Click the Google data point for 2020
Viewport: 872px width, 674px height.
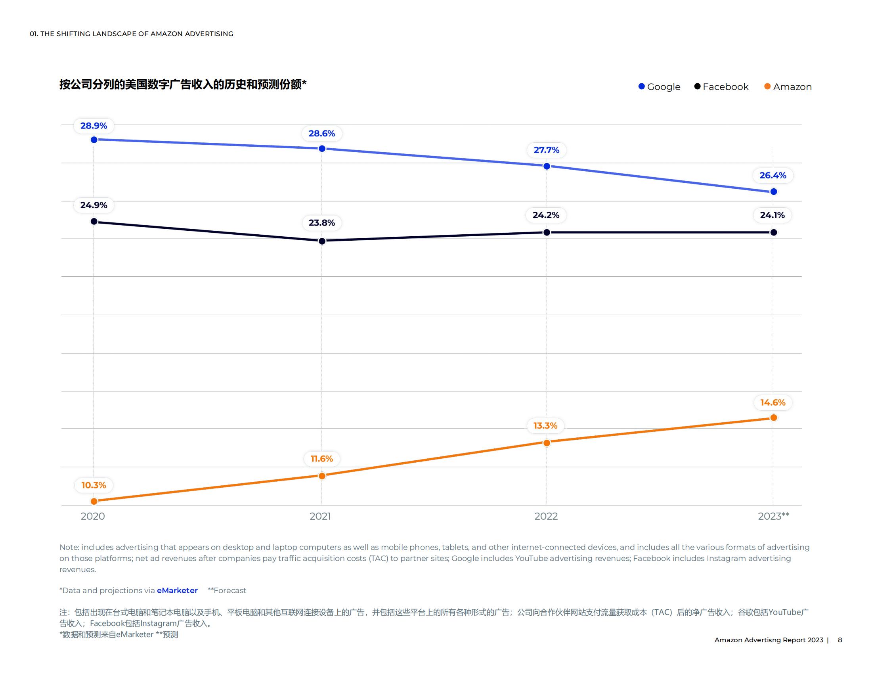tap(94, 140)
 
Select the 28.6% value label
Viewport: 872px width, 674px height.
tap(321, 133)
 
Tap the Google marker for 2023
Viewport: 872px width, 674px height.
tap(773, 191)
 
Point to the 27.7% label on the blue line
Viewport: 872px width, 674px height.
tap(546, 150)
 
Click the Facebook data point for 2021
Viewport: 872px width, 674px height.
tap(322, 241)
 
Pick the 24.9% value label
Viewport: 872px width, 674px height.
tap(94, 205)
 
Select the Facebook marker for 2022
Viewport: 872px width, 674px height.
tap(547, 232)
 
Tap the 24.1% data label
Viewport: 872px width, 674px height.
tap(772, 215)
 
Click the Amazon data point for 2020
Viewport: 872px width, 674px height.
tap(94, 501)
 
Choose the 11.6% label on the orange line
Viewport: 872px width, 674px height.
tap(321, 459)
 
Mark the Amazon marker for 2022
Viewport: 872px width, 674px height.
tap(547, 442)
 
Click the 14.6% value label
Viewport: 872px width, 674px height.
tap(773, 402)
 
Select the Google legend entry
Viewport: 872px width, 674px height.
tap(659, 87)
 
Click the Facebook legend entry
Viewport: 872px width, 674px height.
tap(721, 87)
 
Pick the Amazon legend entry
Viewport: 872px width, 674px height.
tap(788, 87)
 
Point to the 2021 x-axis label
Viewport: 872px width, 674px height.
tap(320, 516)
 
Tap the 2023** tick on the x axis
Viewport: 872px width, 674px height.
tap(773, 516)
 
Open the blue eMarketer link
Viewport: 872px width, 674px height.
tap(177, 590)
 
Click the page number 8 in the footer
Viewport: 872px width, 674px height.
tap(839, 640)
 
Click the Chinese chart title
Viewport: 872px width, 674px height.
tap(183, 85)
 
